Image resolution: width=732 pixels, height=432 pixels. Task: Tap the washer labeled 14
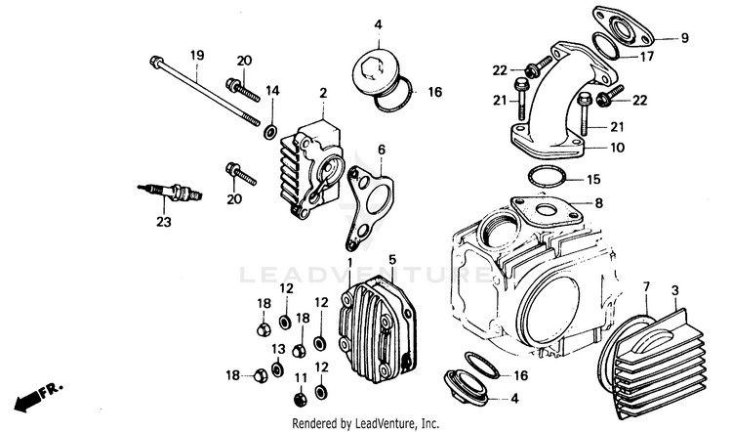(x=267, y=130)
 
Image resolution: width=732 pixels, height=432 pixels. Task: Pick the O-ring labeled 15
(x=549, y=178)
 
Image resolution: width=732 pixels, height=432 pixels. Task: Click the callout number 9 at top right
(x=684, y=38)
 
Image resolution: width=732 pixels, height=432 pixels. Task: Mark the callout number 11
(x=300, y=377)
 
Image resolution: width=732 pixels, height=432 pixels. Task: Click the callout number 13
(x=278, y=349)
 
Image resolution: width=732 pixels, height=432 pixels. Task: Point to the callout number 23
(x=162, y=222)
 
